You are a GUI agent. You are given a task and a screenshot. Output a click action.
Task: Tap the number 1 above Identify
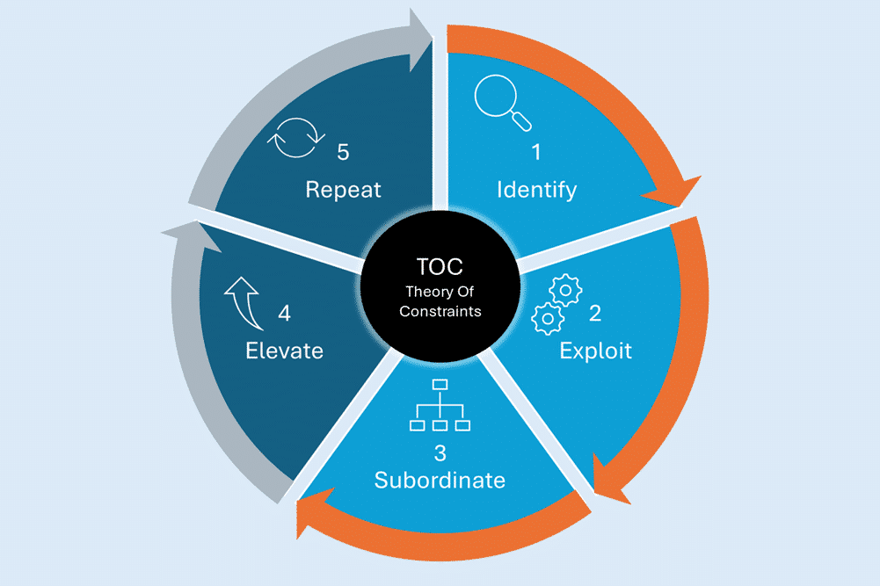535,152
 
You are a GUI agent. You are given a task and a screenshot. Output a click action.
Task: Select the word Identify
536,189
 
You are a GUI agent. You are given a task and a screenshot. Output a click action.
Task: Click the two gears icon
555,303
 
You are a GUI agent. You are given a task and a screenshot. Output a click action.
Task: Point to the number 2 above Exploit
594,312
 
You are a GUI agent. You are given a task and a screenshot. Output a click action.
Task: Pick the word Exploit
595,351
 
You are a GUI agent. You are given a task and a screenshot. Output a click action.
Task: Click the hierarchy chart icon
440,405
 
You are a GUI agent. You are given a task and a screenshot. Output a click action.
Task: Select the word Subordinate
440,481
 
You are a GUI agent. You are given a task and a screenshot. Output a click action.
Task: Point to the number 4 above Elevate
284,313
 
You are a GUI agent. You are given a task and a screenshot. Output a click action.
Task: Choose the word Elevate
284,351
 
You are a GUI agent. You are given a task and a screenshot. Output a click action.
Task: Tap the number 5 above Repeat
342,152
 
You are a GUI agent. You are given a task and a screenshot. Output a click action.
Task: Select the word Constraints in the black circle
440,312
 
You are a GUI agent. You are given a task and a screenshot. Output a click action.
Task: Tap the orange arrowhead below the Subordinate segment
311,518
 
